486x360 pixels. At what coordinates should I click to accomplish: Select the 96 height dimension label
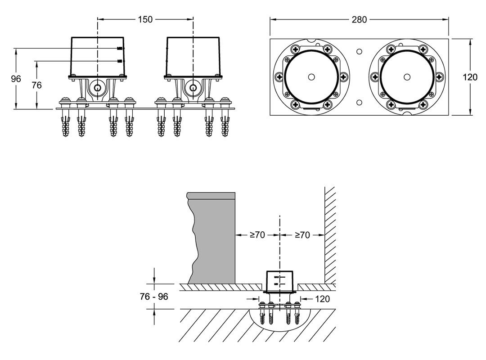coord(16,79)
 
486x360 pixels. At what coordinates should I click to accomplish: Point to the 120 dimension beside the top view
coord(470,77)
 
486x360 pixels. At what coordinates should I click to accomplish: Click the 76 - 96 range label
coord(153,297)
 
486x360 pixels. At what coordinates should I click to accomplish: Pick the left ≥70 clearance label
coord(257,234)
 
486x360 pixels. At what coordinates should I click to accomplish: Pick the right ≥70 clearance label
coord(302,234)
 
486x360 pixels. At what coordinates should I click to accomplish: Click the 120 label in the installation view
coord(322,298)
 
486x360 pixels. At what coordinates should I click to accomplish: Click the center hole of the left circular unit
coord(311,76)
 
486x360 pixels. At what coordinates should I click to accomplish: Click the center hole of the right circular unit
coord(407,76)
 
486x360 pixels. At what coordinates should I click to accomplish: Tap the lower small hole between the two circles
coord(359,102)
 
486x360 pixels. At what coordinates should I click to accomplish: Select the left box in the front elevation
coord(97,57)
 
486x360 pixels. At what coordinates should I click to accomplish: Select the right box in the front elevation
coord(193,57)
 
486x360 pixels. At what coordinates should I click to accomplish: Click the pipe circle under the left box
coord(97,87)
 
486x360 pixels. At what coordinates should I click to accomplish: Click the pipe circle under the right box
coord(193,87)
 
